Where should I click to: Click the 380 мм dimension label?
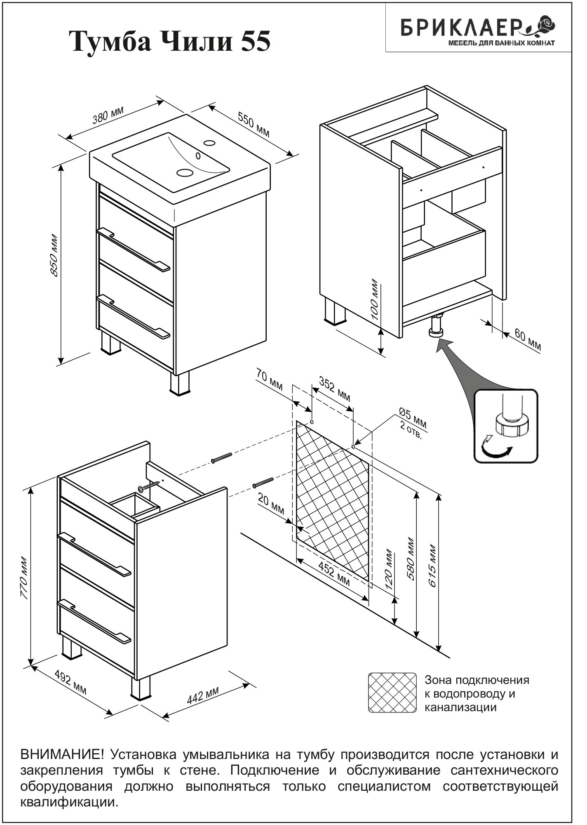click(108, 115)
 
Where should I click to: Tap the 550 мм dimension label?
click(254, 124)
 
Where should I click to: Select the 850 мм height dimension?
click(54, 256)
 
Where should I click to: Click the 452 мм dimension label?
click(335, 575)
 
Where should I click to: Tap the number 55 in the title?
click(256, 42)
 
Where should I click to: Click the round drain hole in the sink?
click(184, 172)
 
